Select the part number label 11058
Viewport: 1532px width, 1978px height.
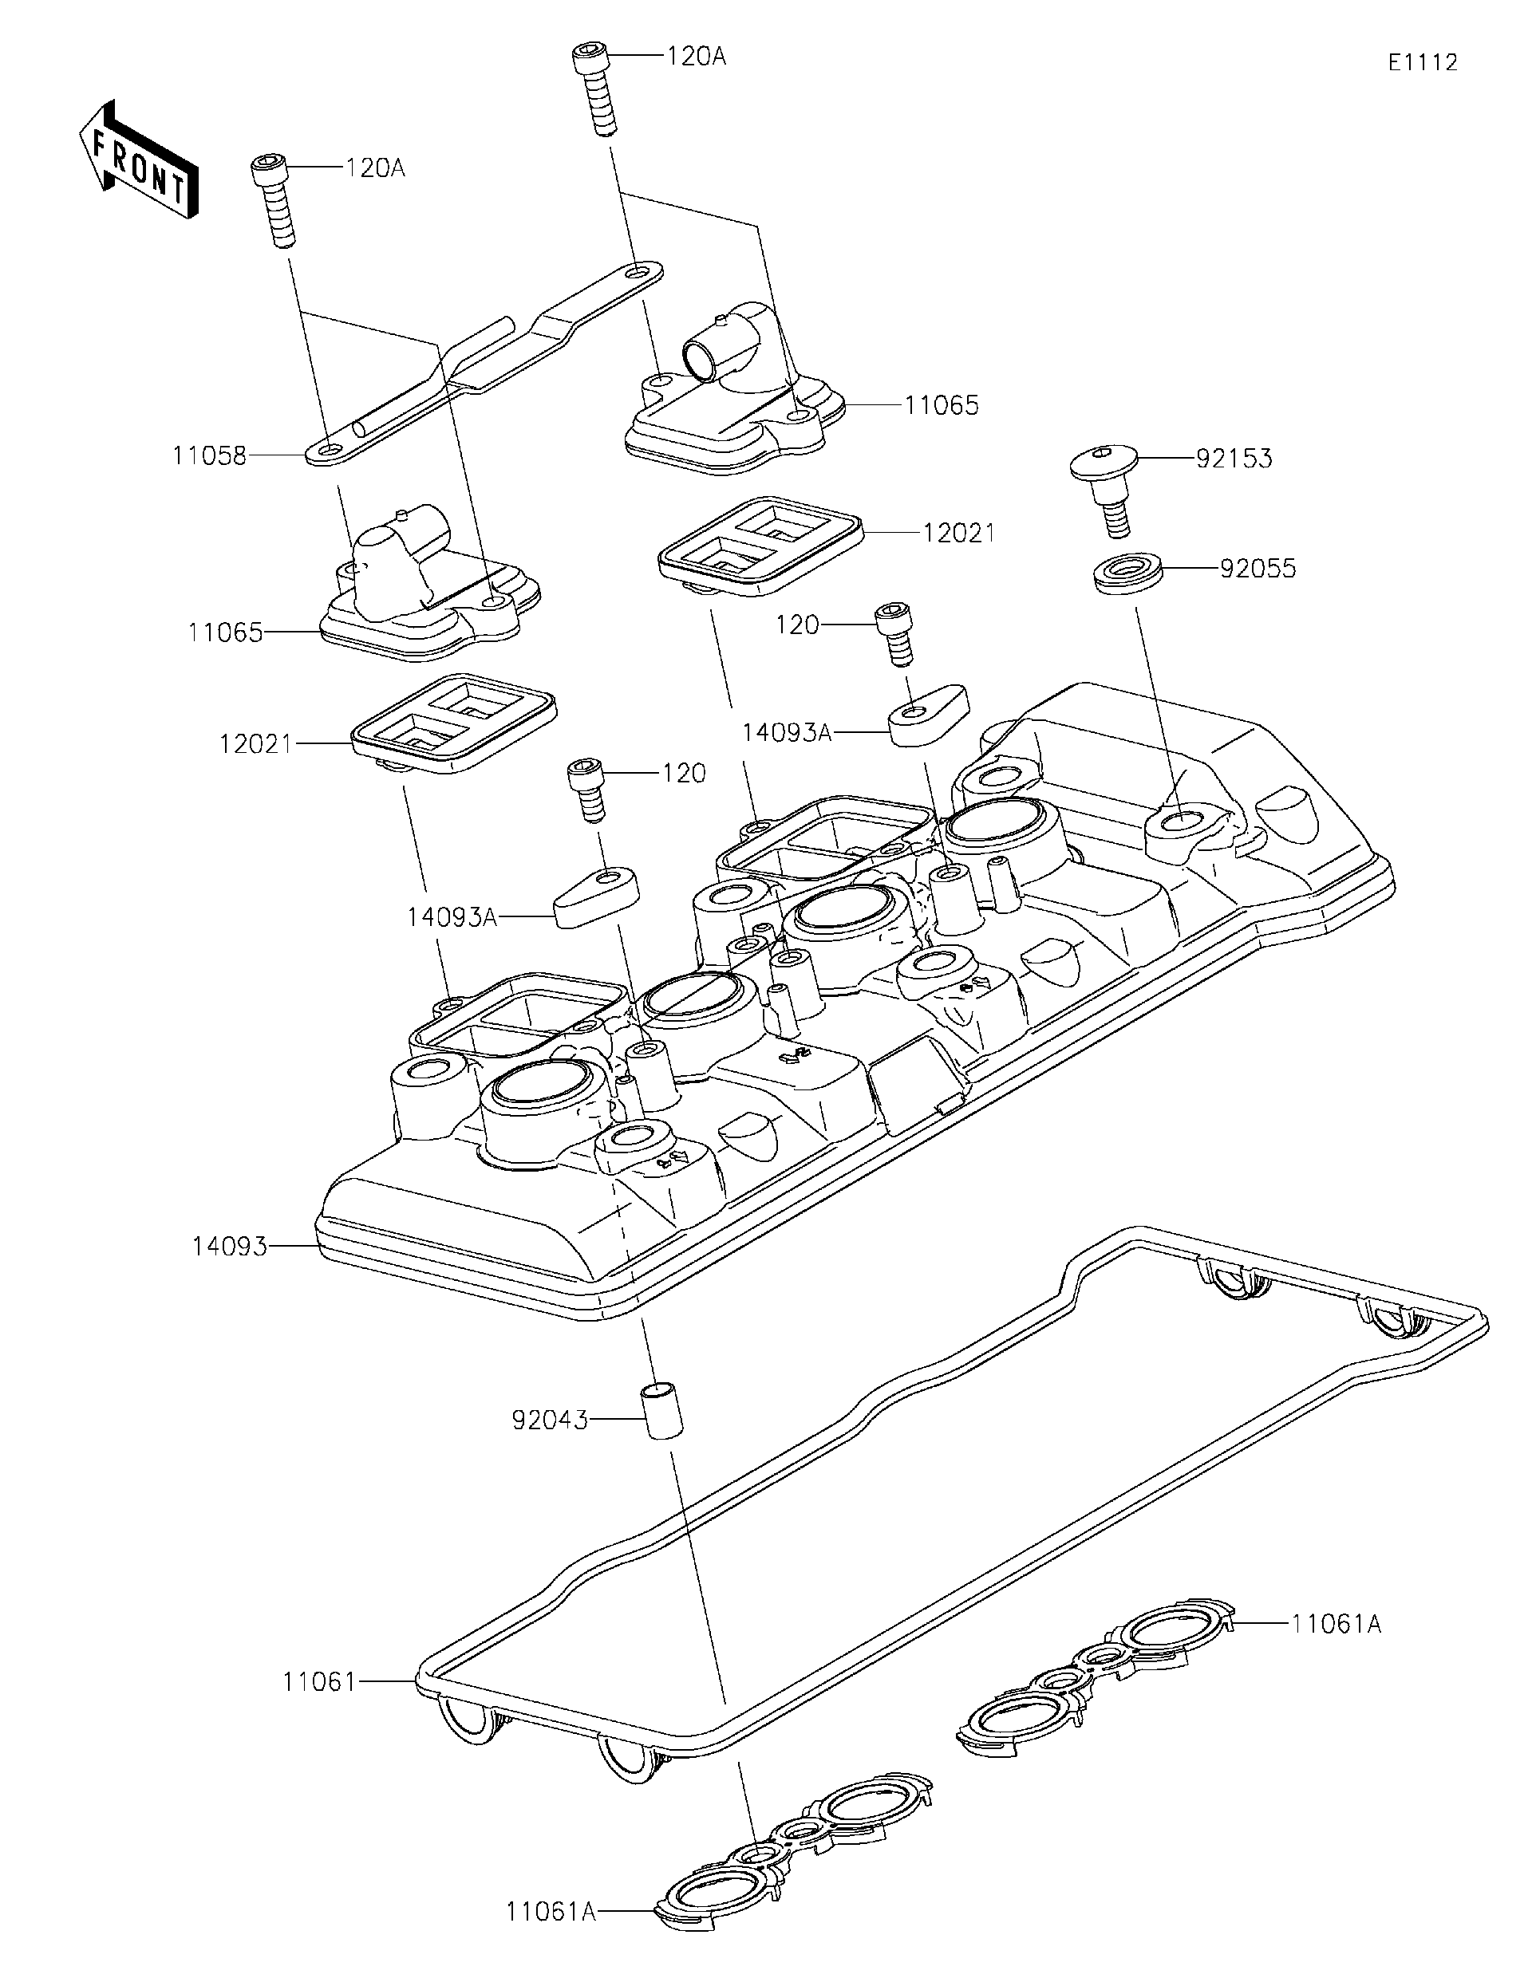point(209,456)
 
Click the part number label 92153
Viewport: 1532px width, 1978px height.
point(1233,459)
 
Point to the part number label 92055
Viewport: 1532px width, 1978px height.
point(1258,569)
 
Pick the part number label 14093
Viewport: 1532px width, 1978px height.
point(229,1247)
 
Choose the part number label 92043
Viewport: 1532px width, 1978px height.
point(550,1420)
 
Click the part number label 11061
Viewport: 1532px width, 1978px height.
point(319,1683)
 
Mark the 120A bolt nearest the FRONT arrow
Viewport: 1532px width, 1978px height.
point(274,199)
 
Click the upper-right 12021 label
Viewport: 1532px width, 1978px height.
point(958,534)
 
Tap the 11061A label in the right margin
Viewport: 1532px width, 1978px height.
point(1336,1625)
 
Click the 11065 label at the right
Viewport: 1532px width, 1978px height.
point(942,405)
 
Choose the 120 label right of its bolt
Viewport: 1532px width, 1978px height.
point(683,774)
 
